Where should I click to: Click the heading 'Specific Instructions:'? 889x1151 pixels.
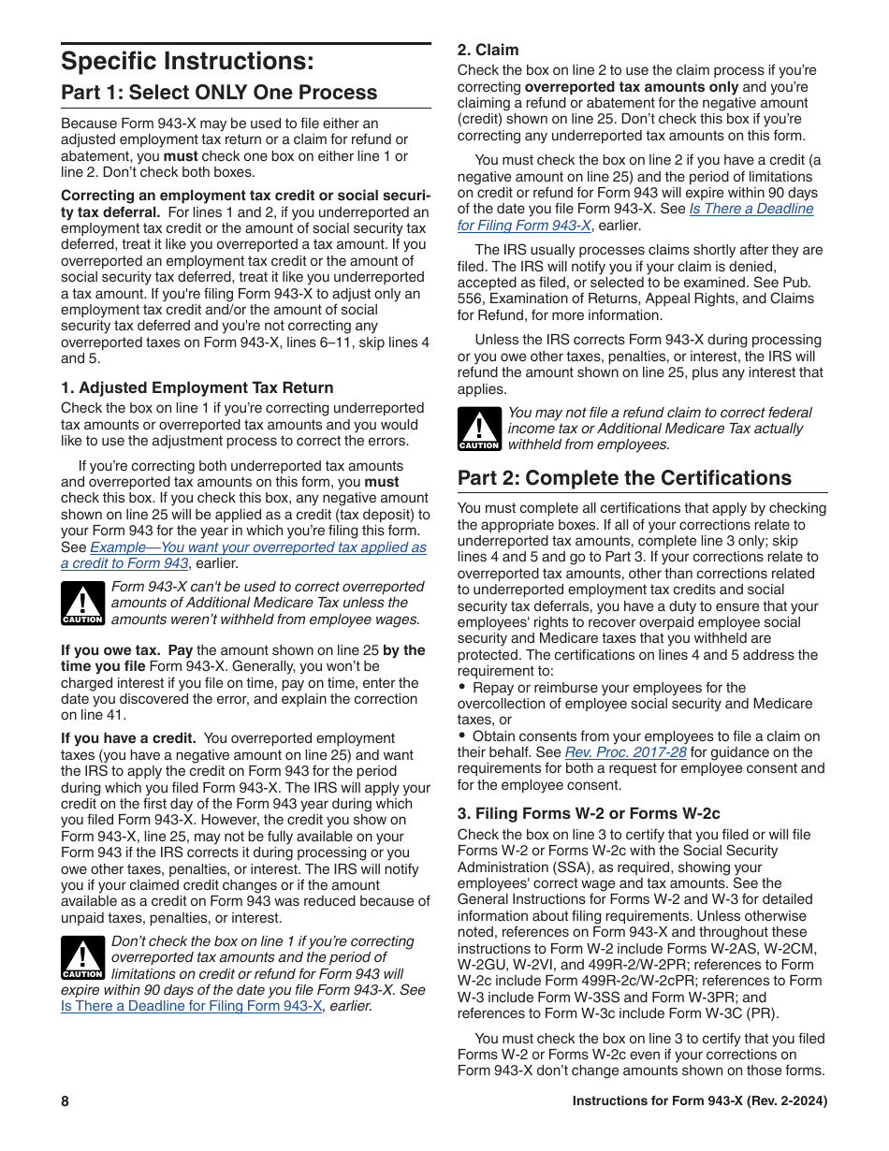[187, 62]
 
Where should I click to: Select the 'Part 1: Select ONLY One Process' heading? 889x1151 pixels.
[219, 93]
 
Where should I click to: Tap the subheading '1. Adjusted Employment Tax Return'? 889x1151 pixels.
[197, 387]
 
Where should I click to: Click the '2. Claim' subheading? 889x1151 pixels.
[488, 50]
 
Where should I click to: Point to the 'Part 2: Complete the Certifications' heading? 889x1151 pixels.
[624, 478]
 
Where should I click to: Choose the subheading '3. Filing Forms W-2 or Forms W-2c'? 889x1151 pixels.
[589, 813]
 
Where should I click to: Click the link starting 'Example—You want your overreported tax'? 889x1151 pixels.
[243, 556]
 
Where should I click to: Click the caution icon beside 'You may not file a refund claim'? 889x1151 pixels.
[478, 430]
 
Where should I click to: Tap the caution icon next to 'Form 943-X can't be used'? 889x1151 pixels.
[82, 604]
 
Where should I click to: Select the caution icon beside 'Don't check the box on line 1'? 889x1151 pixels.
[82, 957]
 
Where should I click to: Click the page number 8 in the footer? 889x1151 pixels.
[66, 1101]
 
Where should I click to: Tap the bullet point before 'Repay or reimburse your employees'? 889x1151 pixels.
[462, 688]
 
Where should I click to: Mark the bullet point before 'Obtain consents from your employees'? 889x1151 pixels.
[462, 736]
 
